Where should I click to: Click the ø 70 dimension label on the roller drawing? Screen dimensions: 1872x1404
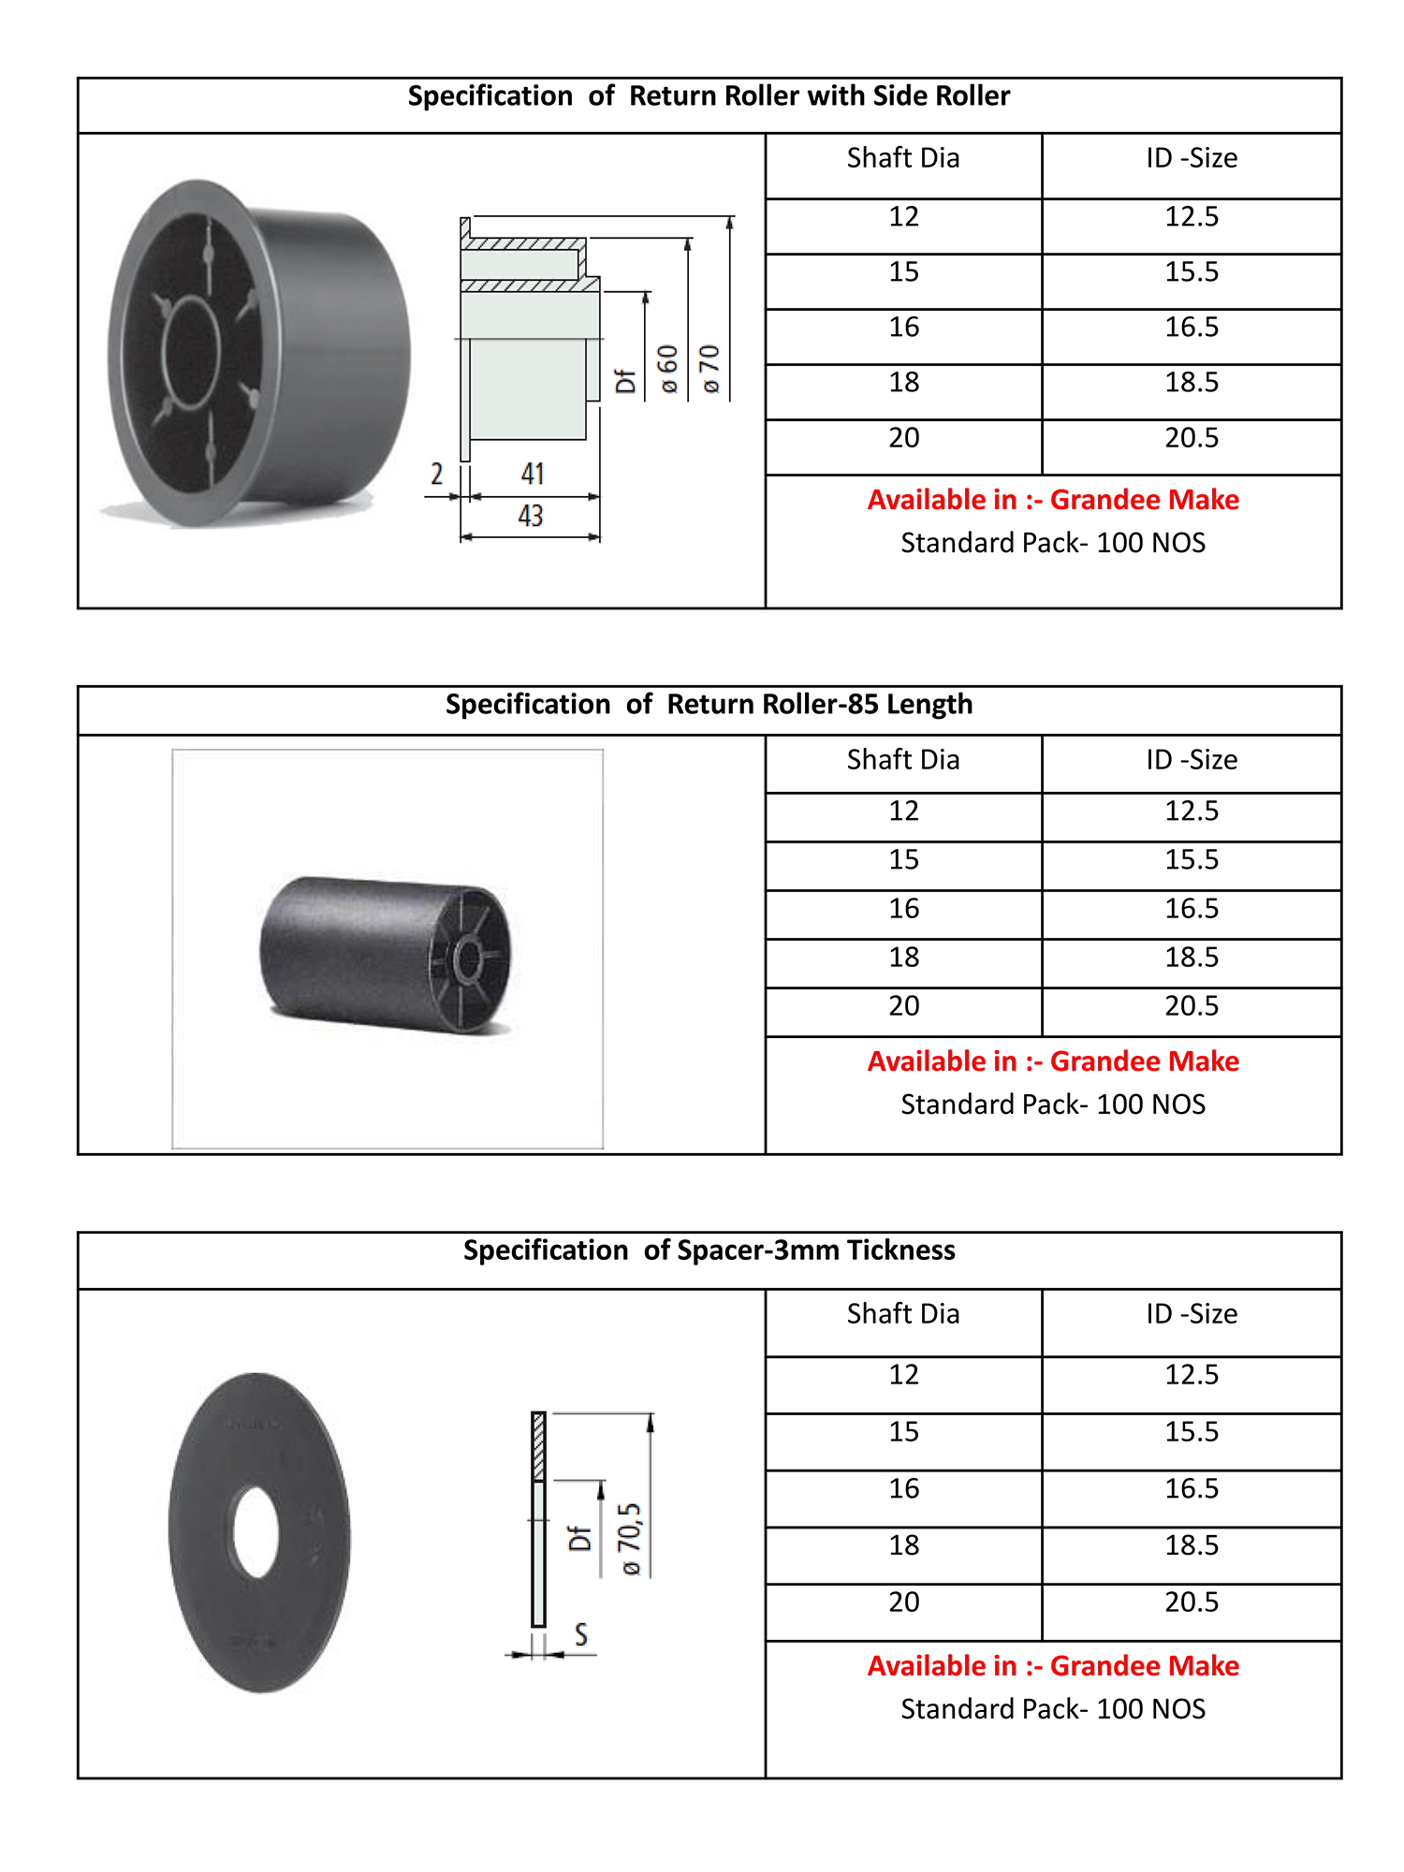(710, 370)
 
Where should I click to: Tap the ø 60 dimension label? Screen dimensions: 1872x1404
(667, 370)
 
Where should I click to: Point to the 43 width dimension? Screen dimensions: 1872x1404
(531, 516)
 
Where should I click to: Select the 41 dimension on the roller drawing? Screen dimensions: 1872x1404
(533, 474)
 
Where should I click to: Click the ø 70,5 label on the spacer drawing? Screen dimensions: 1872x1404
(631, 1540)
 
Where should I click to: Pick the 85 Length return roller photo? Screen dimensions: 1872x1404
(386, 955)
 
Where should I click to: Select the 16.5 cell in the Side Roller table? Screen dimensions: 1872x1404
(1192, 328)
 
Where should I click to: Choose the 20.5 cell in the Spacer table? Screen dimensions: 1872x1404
(1192, 1602)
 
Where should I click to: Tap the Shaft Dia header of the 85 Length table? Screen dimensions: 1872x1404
(903, 760)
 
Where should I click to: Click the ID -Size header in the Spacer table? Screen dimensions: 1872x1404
(1192, 1314)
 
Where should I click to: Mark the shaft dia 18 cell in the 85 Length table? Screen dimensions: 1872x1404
(903, 958)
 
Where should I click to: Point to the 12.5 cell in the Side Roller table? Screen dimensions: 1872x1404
(1192, 217)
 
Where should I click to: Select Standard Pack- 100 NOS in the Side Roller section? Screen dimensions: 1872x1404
(1053, 543)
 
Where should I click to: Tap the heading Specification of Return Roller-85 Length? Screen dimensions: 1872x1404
(709, 705)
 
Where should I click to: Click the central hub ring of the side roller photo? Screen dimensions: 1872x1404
(192, 352)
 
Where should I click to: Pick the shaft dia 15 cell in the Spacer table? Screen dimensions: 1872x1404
(903, 1432)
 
